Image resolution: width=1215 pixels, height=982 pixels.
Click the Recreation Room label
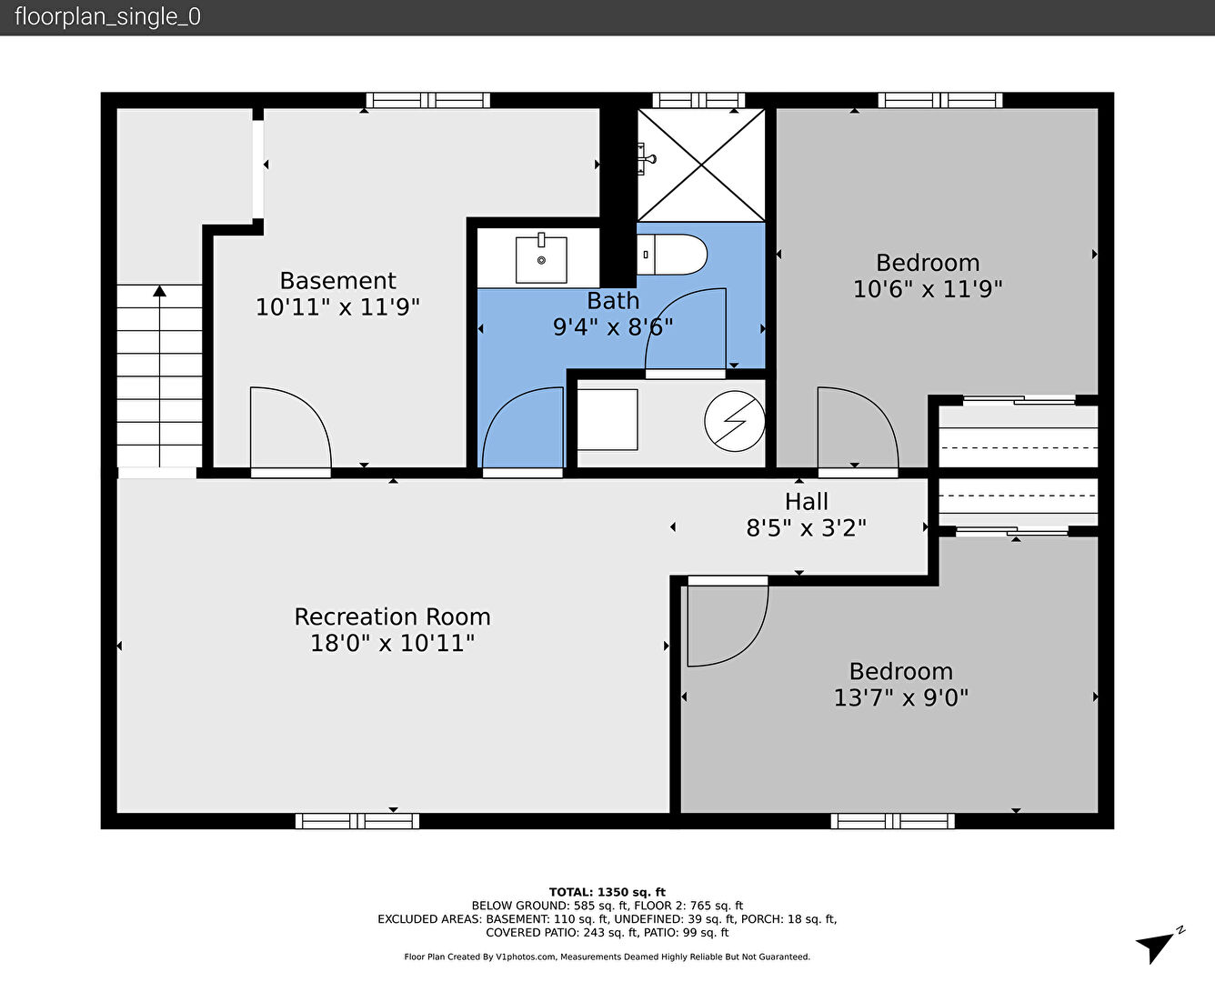[392, 617]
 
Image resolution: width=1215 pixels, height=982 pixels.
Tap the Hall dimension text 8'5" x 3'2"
[806, 528]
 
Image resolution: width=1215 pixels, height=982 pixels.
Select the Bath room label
[613, 301]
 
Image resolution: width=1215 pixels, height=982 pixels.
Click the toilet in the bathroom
[672, 255]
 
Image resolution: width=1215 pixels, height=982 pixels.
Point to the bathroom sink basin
[541, 259]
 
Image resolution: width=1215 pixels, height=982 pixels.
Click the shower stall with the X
[700, 165]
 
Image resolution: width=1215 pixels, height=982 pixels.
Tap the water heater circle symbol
[734, 421]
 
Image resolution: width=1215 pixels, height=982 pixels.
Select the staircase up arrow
[160, 376]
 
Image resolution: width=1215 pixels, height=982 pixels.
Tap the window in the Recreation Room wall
[357, 821]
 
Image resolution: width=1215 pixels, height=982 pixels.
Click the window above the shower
[698, 100]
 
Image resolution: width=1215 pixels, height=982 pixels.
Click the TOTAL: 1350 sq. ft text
[607, 892]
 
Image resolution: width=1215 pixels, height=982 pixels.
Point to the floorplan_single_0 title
[107, 16]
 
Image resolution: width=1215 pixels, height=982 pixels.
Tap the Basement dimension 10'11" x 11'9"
[337, 307]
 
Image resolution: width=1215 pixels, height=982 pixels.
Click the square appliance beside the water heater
[607, 420]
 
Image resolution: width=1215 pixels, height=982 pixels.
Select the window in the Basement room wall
[427, 100]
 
